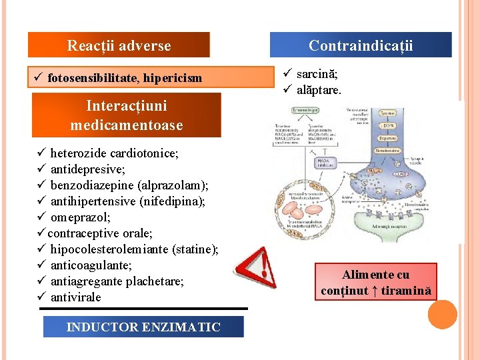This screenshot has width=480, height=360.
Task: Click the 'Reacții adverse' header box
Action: [119, 45]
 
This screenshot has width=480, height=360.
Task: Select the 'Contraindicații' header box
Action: [361, 45]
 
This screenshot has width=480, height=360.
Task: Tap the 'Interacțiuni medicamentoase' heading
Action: [126, 115]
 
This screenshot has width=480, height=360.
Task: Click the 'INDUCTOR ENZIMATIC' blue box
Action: [143, 327]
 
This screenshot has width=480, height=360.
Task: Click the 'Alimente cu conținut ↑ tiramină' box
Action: [377, 283]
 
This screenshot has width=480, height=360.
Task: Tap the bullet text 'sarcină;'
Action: [317, 74]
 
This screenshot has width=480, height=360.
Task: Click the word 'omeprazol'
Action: [79, 217]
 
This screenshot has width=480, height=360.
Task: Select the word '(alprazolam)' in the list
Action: [175, 185]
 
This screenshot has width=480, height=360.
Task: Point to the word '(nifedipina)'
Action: [171, 201]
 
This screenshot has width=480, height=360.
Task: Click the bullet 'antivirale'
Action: [75, 297]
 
